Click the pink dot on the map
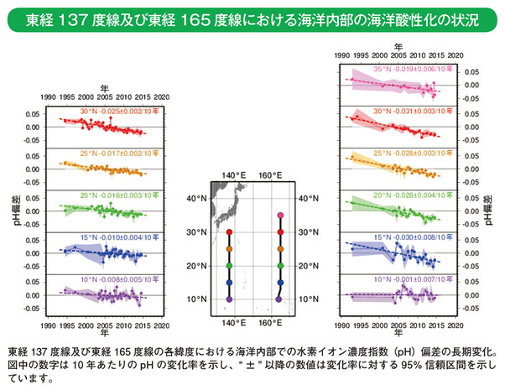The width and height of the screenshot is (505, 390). point(279,216)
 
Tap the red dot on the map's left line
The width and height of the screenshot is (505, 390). point(229,232)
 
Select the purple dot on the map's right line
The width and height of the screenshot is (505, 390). point(279,299)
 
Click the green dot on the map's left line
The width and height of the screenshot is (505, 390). point(229,266)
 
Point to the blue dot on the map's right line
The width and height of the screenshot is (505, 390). point(279,283)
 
